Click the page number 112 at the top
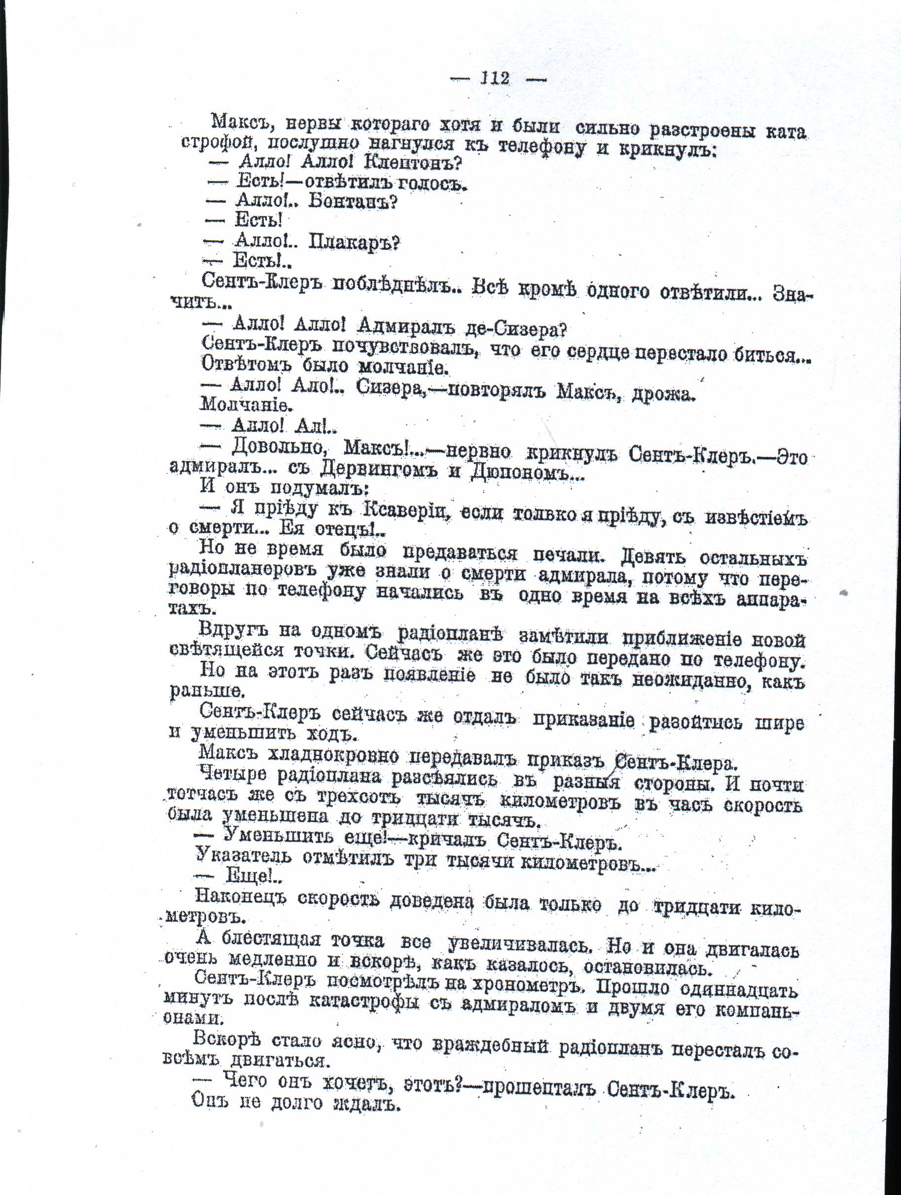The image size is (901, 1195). coord(495,78)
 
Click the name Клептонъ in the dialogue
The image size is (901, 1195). coord(413,162)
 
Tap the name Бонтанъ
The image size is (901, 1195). coord(353,202)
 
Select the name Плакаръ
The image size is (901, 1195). coord(354,243)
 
